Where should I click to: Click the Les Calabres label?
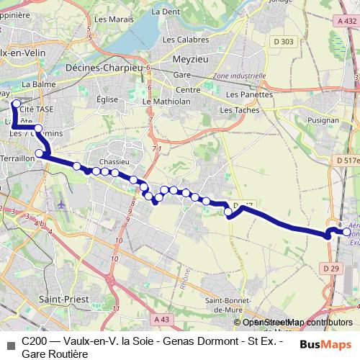tap(190, 40)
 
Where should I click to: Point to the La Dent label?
tap(166, 12)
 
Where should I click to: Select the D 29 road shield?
tap(330, 269)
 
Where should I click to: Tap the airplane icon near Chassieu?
tap(60, 204)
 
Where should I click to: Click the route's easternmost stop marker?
tap(347, 233)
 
